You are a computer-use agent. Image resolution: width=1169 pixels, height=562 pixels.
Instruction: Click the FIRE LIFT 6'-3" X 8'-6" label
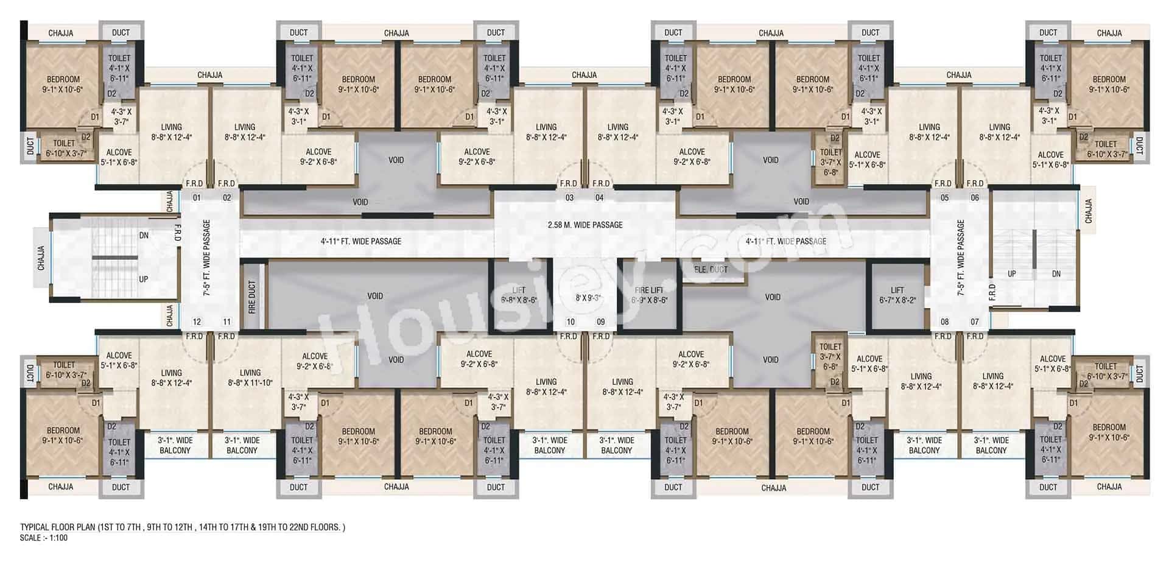(x=649, y=295)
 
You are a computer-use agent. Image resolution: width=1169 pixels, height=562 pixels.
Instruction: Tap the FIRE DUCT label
(x=252, y=297)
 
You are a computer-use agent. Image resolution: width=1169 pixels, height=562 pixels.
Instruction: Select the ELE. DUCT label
(x=711, y=269)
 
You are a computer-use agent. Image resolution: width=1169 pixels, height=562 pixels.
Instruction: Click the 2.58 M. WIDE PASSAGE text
(x=585, y=225)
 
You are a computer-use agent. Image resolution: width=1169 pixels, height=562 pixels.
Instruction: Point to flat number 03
(x=569, y=198)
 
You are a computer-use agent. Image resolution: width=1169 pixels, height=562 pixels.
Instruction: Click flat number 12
(x=197, y=322)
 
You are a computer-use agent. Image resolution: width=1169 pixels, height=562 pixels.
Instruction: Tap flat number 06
(x=975, y=198)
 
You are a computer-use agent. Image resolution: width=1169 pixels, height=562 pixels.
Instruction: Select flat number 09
(x=601, y=322)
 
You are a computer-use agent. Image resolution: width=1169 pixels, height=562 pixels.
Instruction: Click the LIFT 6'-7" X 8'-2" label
(x=897, y=295)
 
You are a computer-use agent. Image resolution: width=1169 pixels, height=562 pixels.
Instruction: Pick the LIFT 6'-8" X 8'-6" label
(x=519, y=295)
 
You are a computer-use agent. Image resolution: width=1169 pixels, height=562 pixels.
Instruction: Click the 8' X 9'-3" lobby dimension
(x=588, y=298)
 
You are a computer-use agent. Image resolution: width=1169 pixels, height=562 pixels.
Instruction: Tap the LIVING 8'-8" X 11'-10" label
(x=250, y=378)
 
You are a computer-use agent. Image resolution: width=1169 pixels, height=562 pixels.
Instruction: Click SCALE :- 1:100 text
(x=44, y=538)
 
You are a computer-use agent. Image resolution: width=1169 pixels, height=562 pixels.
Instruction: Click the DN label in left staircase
(x=144, y=235)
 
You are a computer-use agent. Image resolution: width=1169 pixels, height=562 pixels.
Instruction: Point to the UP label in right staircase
(x=1011, y=274)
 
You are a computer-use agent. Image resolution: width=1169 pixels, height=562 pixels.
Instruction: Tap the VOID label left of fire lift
(x=375, y=296)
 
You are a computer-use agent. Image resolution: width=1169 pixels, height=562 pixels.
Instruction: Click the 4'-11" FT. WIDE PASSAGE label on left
(x=361, y=241)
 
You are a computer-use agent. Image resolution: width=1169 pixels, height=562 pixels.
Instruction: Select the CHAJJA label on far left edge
(x=41, y=258)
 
